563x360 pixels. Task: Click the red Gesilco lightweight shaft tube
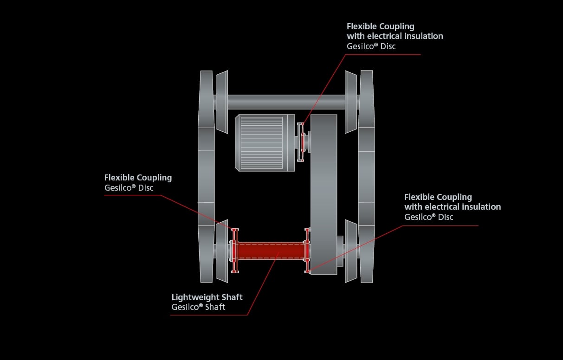tap(271, 251)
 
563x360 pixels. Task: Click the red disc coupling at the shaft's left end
tap(234, 251)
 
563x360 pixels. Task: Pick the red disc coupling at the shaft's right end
tap(307, 251)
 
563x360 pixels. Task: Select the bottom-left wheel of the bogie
tap(221, 251)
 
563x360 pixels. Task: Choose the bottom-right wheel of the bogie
tap(351, 251)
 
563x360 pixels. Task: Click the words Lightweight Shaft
tap(207, 297)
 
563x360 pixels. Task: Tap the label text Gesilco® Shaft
tap(198, 307)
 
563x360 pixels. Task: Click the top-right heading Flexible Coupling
tap(380, 26)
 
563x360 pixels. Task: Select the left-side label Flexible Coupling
tap(138, 178)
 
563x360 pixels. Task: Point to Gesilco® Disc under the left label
tap(129, 188)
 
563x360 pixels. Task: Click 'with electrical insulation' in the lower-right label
tap(453, 207)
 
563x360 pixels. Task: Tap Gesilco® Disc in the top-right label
tap(371, 46)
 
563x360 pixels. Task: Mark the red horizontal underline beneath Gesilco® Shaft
tap(209, 315)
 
